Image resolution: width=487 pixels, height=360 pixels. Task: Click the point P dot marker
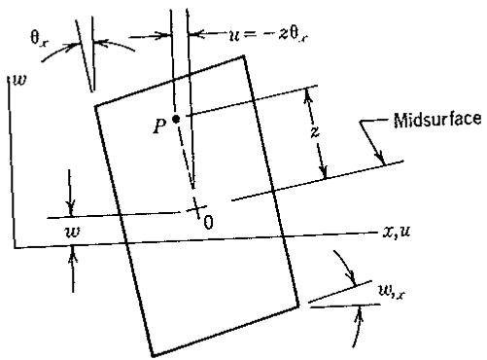point(176,120)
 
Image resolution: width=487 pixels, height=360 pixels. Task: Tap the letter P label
point(159,126)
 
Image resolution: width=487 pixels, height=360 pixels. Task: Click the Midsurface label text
point(437,120)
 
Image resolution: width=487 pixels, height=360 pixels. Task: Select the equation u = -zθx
point(267,35)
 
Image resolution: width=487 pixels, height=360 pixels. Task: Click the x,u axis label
point(397,232)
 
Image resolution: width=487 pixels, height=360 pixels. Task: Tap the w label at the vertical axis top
point(19,80)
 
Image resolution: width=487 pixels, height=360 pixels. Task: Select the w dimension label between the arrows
point(72,233)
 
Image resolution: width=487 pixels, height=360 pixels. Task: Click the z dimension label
point(315,132)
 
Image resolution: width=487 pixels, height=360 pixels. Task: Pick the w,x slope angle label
point(392,292)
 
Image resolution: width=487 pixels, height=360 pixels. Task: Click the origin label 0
point(209,223)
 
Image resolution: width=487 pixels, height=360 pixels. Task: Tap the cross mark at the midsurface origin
point(196,208)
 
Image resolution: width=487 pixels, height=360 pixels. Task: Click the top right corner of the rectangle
point(243,56)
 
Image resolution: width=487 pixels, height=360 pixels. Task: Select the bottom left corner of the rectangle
point(152,355)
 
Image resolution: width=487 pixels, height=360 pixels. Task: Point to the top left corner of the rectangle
point(95,106)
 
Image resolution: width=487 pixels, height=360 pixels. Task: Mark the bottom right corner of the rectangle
point(298,306)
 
